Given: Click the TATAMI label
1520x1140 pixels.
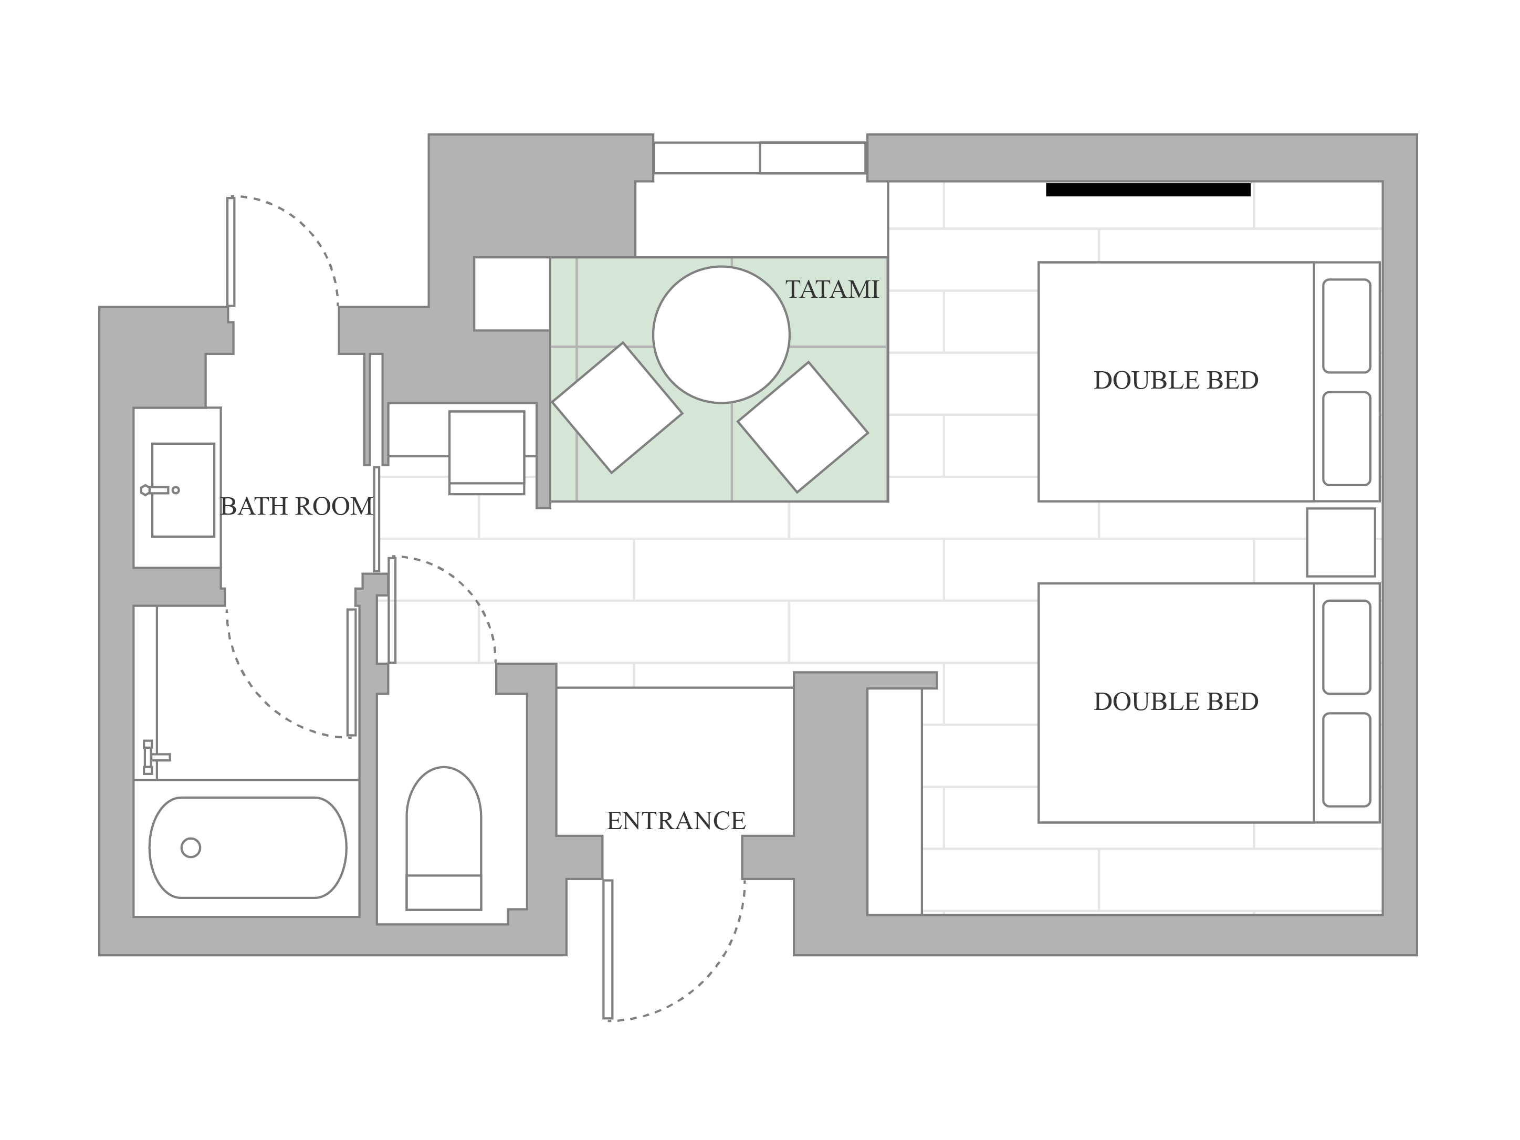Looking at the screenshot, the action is (x=832, y=289).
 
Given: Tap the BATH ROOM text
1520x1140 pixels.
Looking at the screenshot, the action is (x=297, y=506).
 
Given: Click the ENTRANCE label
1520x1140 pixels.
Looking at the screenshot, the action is (x=676, y=820).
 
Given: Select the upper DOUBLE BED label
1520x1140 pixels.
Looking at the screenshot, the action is (x=1176, y=380).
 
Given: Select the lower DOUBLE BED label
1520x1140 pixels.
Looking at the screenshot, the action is (x=1176, y=702).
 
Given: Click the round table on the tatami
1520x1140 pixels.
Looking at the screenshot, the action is (x=721, y=334).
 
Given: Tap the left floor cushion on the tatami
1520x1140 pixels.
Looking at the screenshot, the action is (x=617, y=407).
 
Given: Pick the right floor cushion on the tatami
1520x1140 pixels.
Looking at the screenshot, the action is (x=803, y=427).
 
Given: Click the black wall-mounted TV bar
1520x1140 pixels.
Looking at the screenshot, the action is (x=1148, y=190).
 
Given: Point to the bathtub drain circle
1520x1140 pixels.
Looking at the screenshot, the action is (x=191, y=848).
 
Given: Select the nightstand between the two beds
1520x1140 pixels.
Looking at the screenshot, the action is (x=1340, y=542).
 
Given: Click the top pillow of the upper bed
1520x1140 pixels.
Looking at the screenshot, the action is (x=1346, y=326).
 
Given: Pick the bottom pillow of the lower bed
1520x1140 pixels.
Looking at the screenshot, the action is (x=1346, y=760).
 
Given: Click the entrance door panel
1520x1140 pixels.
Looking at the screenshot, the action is (x=607, y=949).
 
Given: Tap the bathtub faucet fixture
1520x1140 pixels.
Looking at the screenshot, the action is (x=155, y=757).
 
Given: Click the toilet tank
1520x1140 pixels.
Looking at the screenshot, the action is (x=444, y=893).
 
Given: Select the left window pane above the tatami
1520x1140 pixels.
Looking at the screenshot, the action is (x=706, y=158).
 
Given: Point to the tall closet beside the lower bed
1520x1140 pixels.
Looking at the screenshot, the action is (x=894, y=801).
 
